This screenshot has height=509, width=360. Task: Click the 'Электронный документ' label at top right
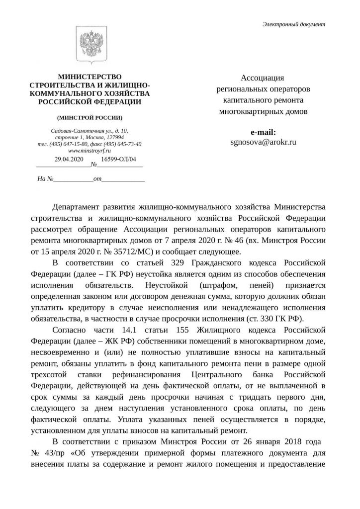[x=294, y=24]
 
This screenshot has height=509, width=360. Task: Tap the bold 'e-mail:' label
[x=264, y=132]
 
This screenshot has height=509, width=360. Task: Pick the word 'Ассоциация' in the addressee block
[x=263, y=78]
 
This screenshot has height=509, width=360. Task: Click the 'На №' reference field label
[x=45, y=177]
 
